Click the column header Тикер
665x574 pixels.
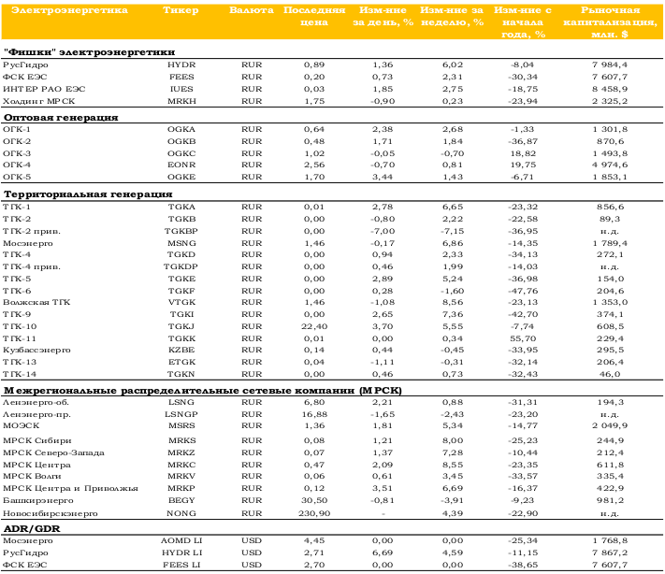[x=181, y=10]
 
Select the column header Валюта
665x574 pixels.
[x=252, y=10]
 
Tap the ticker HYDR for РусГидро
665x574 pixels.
[x=181, y=65]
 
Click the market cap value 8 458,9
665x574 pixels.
[x=610, y=89]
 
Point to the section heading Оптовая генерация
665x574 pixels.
[x=61, y=118]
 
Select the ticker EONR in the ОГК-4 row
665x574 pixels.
[x=181, y=165]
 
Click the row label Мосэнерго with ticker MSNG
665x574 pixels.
[x=28, y=243]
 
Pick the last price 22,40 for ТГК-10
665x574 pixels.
[x=314, y=327]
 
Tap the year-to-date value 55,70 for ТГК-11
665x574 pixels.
[x=523, y=338]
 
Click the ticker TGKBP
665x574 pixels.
[x=181, y=232]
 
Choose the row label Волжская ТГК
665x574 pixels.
[x=36, y=302]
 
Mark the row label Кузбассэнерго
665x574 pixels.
[x=36, y=351]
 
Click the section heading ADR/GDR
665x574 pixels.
[x=32, y=528]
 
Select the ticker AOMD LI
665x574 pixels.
[x=181, y=541]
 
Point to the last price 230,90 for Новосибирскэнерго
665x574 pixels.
[x=314, y=513]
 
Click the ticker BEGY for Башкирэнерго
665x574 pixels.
[x=181, y=501]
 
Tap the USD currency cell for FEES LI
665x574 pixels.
[x=252, y=565]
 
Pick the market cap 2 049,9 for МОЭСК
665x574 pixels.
[x=610, y=425]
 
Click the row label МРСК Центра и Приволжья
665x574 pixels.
[x=70, y=488]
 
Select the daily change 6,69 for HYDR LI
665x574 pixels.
[x=383, y=552]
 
